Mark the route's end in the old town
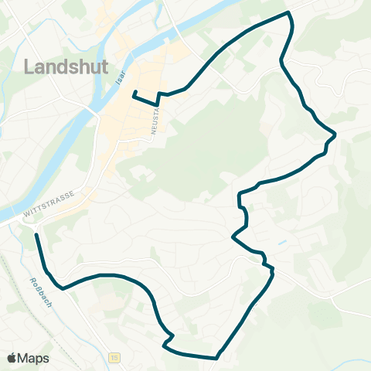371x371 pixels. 134,93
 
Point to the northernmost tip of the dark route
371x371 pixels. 288,13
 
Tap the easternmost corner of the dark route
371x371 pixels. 335,135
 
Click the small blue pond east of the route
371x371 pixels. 281,243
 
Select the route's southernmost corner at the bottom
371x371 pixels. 216,358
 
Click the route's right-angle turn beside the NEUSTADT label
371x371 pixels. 158,103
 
